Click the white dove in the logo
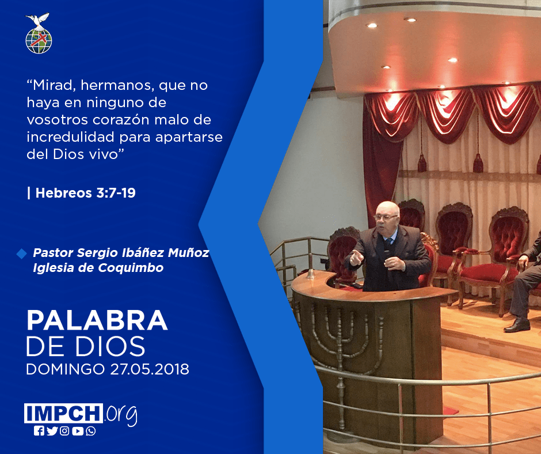click(38, 20)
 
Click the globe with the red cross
click(39, 41)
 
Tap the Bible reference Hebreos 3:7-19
click(85, 193)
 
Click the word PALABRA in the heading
click(97, 321)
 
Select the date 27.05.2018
click(150, 369)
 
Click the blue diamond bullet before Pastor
click(21, 254)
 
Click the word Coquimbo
click(131, 268)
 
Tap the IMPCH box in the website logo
click(63, 413)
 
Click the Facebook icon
click(39, 431)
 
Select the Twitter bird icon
click(52, 431)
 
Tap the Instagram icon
click(64, 431)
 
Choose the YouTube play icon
click(78, 431)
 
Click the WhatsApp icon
click(91, 431)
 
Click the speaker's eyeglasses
click(385, 217)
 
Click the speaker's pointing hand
click(356, 258)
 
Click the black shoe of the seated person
click(516, 325)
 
